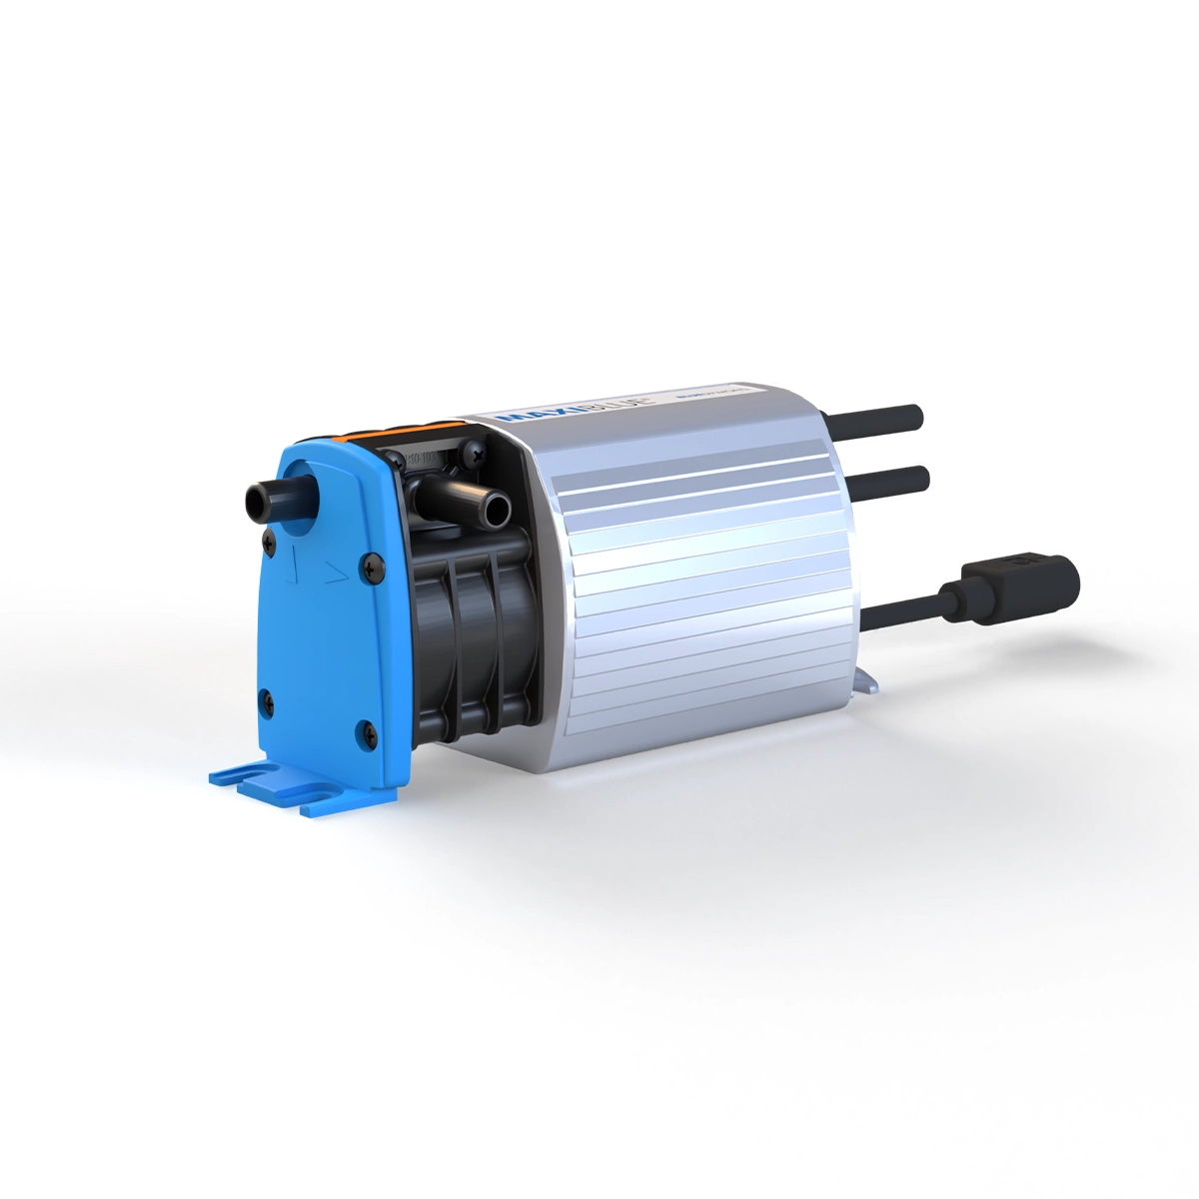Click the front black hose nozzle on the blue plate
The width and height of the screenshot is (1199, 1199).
(268, 499)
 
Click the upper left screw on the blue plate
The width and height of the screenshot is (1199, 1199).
(268, 541)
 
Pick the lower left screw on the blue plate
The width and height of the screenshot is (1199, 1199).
(267, 698)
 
